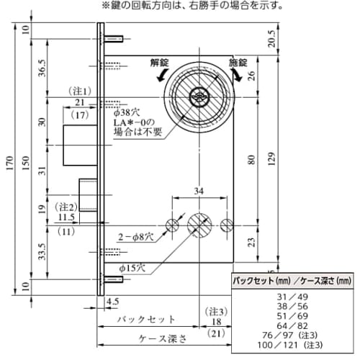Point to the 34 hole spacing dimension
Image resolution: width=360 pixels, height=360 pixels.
[x=199, y=192]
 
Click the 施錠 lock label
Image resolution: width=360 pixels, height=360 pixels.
[x=238, y=62]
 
